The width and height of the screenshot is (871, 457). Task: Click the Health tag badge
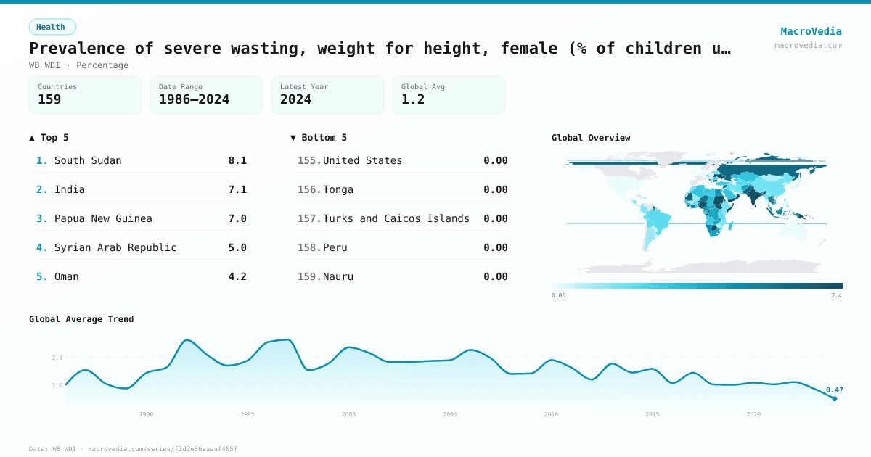pyautogui.click(x=52, y=27)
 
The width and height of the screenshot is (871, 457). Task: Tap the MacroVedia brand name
pyautogui.click(x=811, y=31)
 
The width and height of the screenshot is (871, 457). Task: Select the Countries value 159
pyautogui.click(x=49, y=99)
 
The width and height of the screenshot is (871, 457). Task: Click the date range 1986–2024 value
pyautogui.click(x=194, y=99)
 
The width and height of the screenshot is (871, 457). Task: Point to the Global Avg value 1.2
pyautogui.click(x=413, y=99)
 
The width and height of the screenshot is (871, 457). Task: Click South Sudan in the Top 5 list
pyautogui.click(x=88, y=160)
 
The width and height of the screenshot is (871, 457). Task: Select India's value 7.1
pyautogui.click(x=237, y=189)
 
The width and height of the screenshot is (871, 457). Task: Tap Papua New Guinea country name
pyautogui.click(x=103, y=218)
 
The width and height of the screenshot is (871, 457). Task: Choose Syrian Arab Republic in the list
pyautogui.click(x=115, y=247)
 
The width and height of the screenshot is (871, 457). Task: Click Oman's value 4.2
pyautogui.click(x=237, y=276)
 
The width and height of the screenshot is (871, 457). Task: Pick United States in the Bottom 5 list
pyautogui.click(x=362, y=160)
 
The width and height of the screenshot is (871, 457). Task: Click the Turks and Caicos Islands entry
pyautogui.click(x=396, y=218)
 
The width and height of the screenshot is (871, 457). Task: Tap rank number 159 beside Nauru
pyautogui.click(x=308, y=276)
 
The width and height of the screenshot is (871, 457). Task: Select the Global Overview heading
pyautogui.click(x=591, y=138)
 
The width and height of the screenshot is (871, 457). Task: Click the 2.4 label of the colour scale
pyautogui.click(x=836, y=296)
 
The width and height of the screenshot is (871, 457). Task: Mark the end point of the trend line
pyautogui.click(x=834, y=398)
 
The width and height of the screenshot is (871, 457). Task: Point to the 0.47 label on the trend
pyautogui.click(x=834, y=390)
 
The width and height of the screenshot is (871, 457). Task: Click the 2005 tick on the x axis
pyautogui.click(x=450, y=414)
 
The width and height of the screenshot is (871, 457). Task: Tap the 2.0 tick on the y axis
pyautogui.click(x=57, y=358)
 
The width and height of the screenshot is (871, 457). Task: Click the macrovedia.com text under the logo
pyautogui.click(x=808, y=45)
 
